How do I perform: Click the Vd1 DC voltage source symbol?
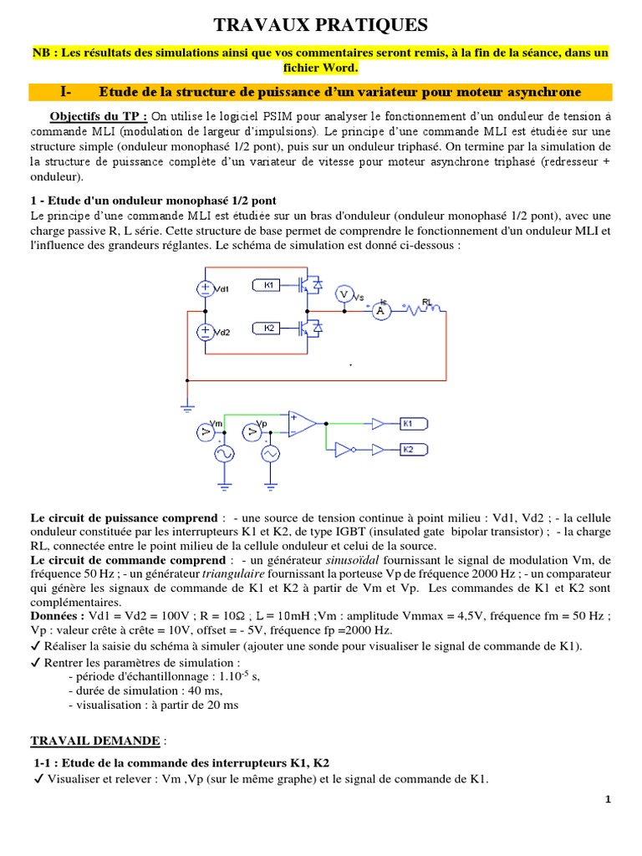[x=205, y=288]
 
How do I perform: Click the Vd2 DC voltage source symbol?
[x=205, y=332]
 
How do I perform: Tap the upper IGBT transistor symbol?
[x=308, y=285]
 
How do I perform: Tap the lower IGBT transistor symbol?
[x=308, y=329]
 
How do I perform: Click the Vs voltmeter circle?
[x=344, y=294]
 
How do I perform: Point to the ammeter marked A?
[x=380, y=311]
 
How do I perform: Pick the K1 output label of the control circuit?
[x=414, y=423]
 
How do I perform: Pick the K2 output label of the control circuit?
[x=414, y=449]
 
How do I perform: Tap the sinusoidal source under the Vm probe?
[x=225, y=454]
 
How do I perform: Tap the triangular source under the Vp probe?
[x=270, y=454]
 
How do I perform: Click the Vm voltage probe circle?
[x=205, y=431]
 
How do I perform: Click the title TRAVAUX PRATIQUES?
[x=321, y=24]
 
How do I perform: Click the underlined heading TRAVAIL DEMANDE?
[x=96, y=741]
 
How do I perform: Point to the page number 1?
[x=609, y=800]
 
